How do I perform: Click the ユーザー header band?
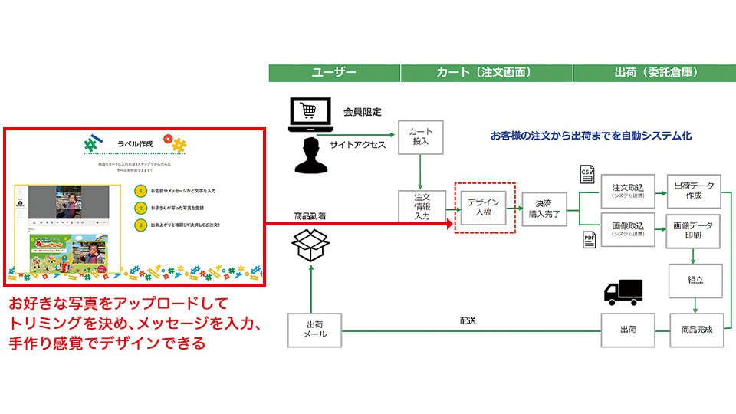(x=334, y=73)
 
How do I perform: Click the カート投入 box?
(x=421, y=136)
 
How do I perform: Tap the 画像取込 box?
(x=627, y=229)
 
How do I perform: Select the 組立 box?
(x=697, y=281)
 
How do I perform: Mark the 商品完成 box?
(x=697, y=330)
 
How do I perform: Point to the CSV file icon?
(x=588, y=174)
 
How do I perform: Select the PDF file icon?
(x=589, y=240)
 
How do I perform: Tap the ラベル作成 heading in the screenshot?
(x=135, y=143)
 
